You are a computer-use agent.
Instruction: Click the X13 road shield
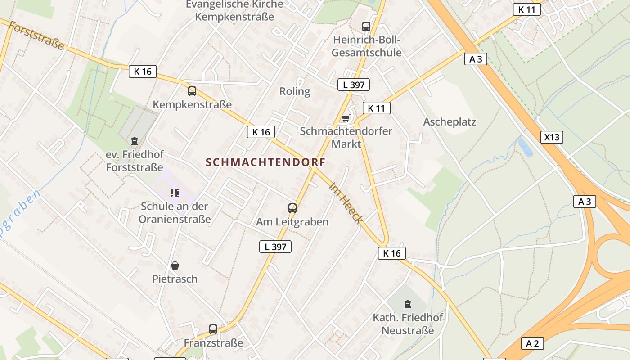552,137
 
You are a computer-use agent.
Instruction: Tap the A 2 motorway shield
532,343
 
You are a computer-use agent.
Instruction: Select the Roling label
295,91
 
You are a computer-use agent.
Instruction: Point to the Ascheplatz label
449,122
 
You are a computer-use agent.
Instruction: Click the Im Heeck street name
346,202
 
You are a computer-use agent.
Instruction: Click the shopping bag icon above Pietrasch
175,265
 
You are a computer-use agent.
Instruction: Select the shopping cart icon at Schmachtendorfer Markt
346,118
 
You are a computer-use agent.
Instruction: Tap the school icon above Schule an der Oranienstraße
175,193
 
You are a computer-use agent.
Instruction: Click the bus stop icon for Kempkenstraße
192,91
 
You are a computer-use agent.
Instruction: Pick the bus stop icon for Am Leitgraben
292,208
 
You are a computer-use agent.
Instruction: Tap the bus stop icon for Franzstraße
213,329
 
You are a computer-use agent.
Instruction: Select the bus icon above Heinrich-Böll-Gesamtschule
366,27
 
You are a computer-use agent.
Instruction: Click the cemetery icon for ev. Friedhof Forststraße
134,141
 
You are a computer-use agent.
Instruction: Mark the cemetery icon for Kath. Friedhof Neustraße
408,304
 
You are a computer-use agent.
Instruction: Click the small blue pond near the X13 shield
525,147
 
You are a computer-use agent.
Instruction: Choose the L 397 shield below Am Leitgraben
275,247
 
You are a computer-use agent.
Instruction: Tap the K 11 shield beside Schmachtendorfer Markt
376,108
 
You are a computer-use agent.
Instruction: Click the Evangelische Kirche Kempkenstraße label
234,11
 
